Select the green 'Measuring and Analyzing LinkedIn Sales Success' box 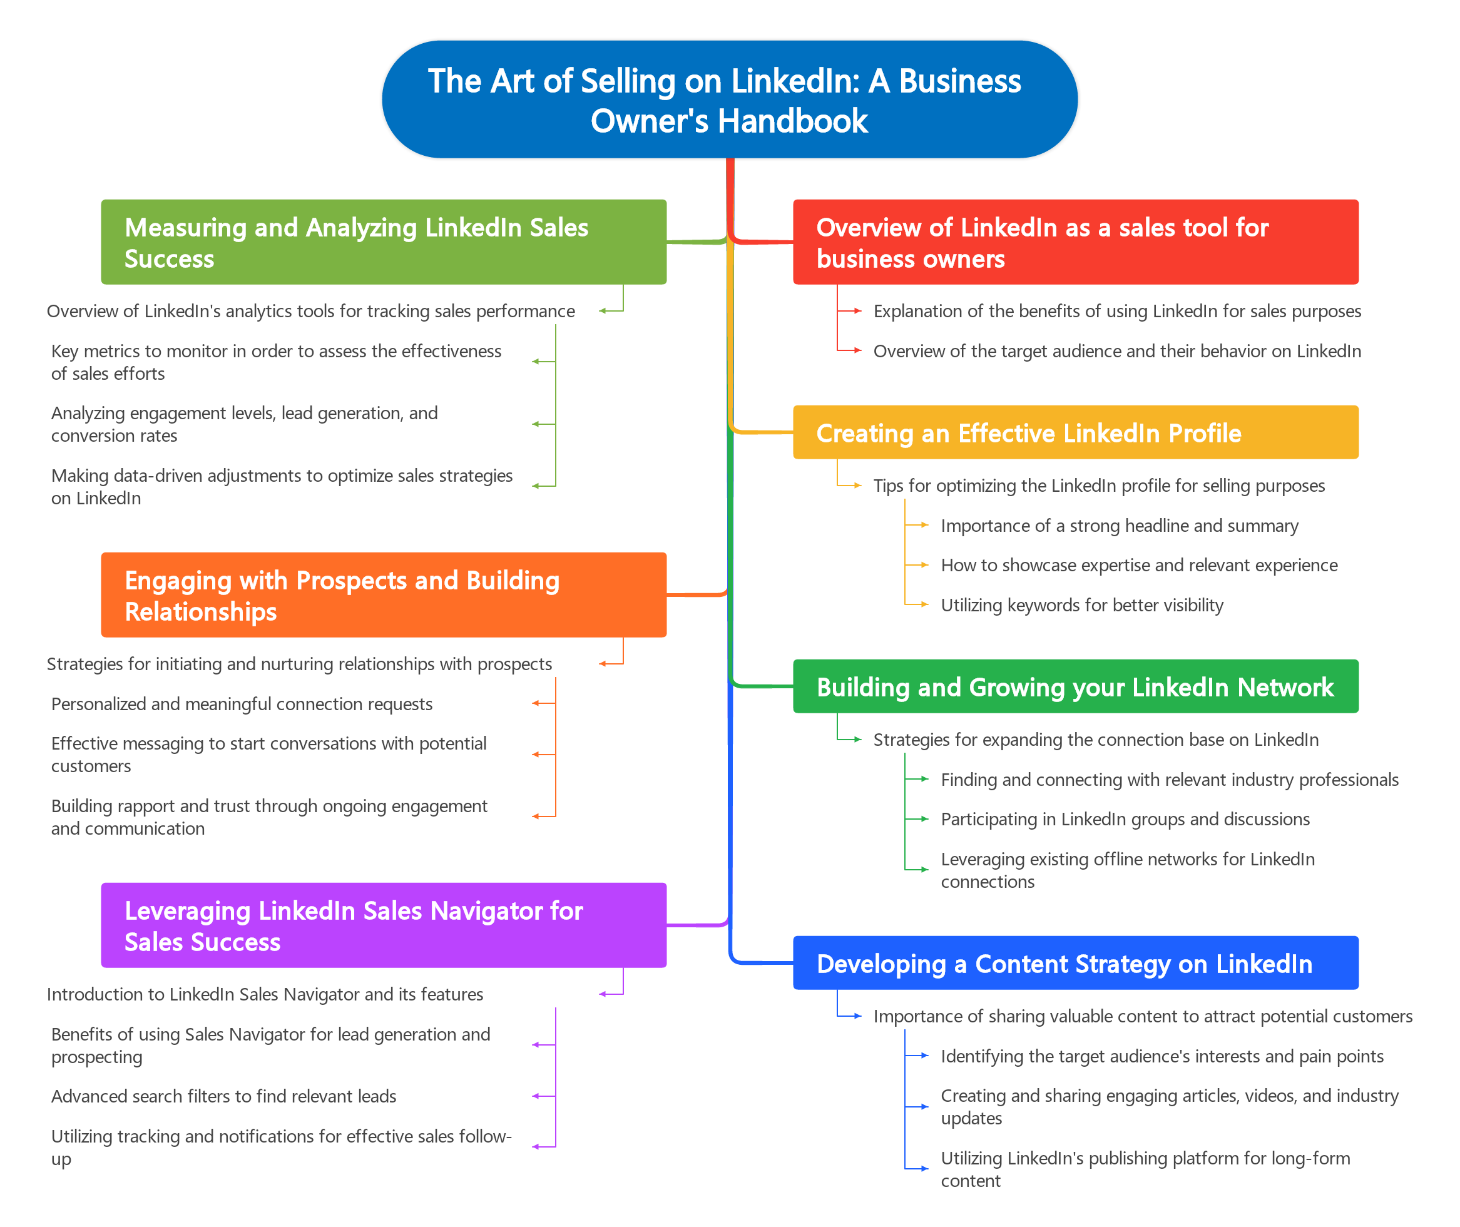(x=383, y=242)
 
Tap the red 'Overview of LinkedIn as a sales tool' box (x=1075, y=242)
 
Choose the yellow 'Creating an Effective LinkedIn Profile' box (x=1075, y=432)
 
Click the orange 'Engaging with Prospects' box (x=383, y=594)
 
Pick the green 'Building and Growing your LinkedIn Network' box (x=1075, y=686)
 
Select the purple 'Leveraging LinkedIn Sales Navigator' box (x=383, y=925)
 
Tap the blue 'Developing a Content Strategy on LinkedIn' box (x=1075, y=963)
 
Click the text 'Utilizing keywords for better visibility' (x=1081, y=605)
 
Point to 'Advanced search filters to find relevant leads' (x=223, y=1096)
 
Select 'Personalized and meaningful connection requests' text (x=242, y=704)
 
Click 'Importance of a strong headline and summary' (x=1119, y=526)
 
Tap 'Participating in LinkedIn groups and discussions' (x=1125, y=820)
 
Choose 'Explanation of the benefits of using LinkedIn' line (x=1117, y=311)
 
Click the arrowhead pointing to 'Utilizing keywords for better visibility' (x=924, y=604)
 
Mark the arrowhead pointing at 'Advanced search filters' (x=536, y=1096)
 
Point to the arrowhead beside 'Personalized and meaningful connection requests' (x=536, y=703)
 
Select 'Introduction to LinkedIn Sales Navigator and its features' (x=264, y=995)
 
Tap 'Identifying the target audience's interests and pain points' (x=1161, y=1057)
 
